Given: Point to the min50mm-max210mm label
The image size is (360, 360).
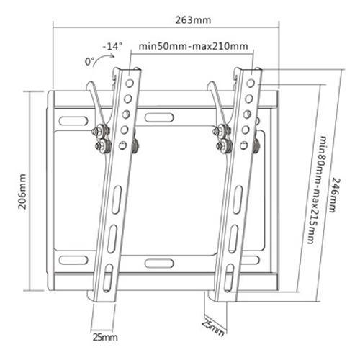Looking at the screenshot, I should click(x=194, y=47).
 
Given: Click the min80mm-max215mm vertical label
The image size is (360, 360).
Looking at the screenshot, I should click(x=315, y=189).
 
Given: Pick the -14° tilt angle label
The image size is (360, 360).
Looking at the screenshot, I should click(x=112, y=46).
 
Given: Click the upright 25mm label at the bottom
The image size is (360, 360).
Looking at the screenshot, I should click(x=104, y=336).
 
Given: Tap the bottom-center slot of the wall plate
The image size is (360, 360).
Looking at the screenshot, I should click(x=159, y=263).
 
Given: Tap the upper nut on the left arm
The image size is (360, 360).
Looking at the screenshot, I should click(x=99, y=132).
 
